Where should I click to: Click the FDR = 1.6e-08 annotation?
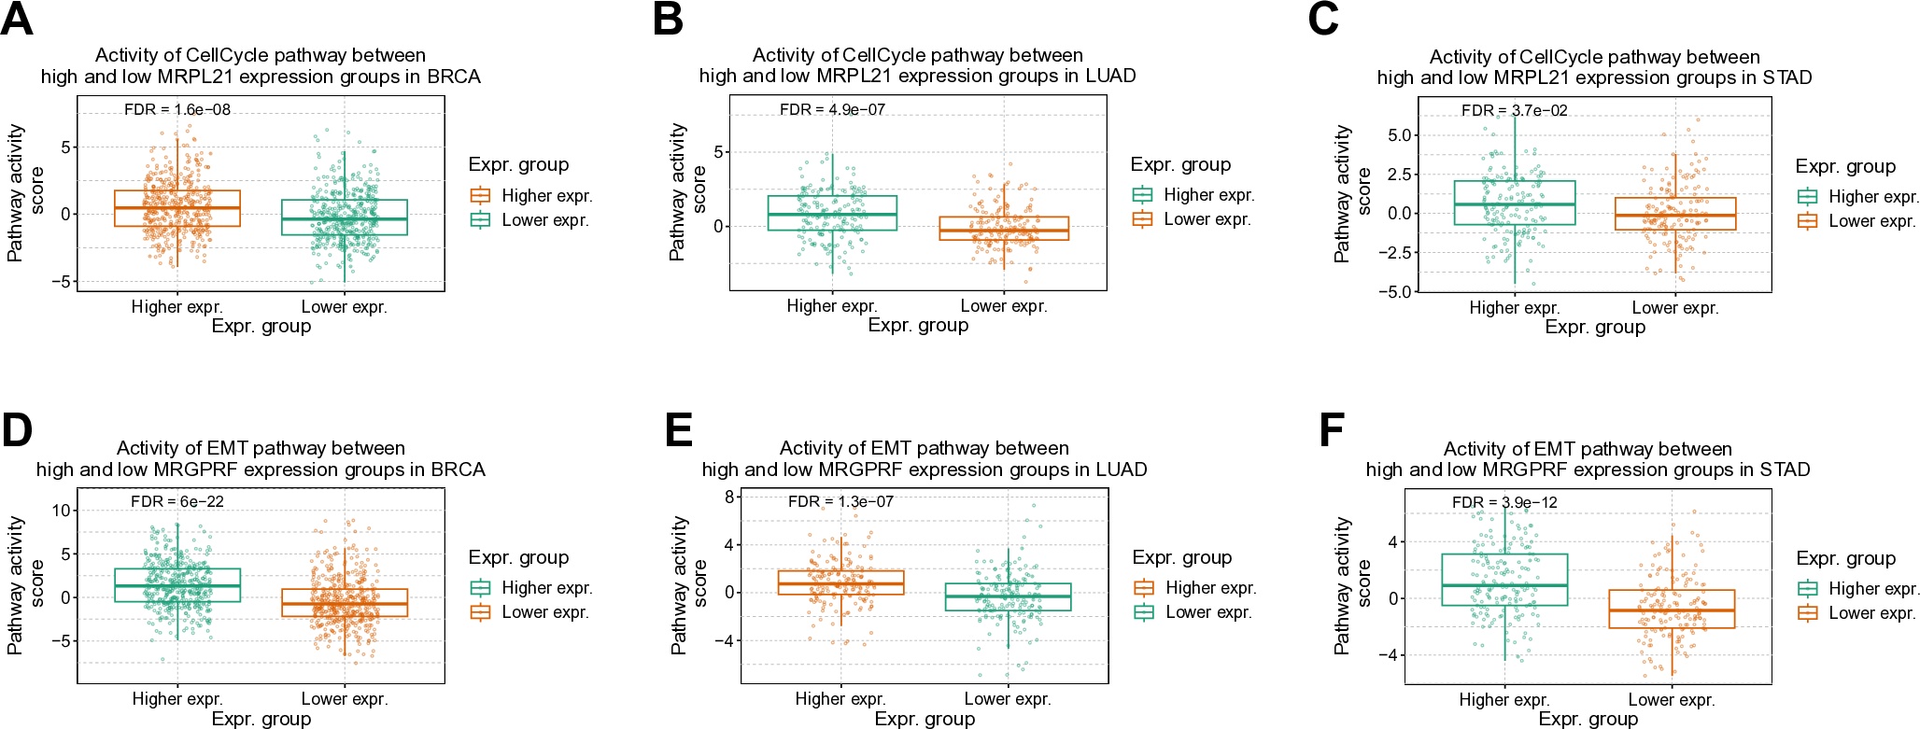(x=176, y=109)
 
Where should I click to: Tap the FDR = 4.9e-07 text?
(x=832, y=109)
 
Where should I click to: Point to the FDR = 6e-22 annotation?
(x=176, y=501)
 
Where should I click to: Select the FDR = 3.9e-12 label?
(x=1504, y=502)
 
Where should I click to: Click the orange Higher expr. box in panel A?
(x=177, y=208)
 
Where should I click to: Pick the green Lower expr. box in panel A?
(x=345, y=217)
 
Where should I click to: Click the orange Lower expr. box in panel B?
(x=1004, y=229)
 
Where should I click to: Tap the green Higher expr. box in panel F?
(x=1504, y=580)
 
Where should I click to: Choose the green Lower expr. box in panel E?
(x=1008, y=596)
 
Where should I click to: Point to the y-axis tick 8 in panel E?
(x=729, y=498)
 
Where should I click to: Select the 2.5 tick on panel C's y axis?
(x=1399, y=175)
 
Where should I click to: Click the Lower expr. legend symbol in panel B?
(x=1142, y=219)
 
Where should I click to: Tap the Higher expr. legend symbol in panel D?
(x=480, y=588)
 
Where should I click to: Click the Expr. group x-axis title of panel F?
(x=1588, y=719)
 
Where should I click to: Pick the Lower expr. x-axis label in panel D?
(x=345, y=699)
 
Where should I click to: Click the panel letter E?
(x=678, y=430)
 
